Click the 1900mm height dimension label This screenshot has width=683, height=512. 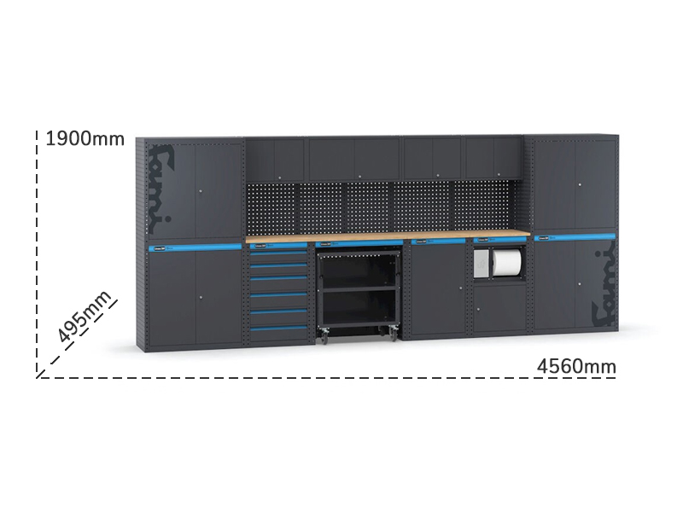(x=85, y=139)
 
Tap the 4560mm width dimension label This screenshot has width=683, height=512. (x=576, y=366)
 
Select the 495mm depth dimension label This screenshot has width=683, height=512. (x=85, y=316)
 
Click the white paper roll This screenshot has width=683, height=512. (x=506, y=262)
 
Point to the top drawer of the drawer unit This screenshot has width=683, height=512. (x=278, y=257)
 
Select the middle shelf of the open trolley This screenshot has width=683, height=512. (x=359, y=289)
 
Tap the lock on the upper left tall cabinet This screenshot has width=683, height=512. (x=201, y=191)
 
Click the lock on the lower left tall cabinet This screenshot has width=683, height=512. (x=201, y=298)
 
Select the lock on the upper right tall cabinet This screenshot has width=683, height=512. (x=580, y=185)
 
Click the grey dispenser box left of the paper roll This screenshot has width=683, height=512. (x=482, y=263)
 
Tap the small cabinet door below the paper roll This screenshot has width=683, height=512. (x=499, y=308)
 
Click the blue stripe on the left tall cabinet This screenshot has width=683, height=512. (x=195, y=247)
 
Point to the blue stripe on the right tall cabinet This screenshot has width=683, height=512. (x=575, y=238)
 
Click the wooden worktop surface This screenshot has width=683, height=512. (x=388, y=236)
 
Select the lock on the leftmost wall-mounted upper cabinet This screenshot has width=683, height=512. (x=280, y=177)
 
